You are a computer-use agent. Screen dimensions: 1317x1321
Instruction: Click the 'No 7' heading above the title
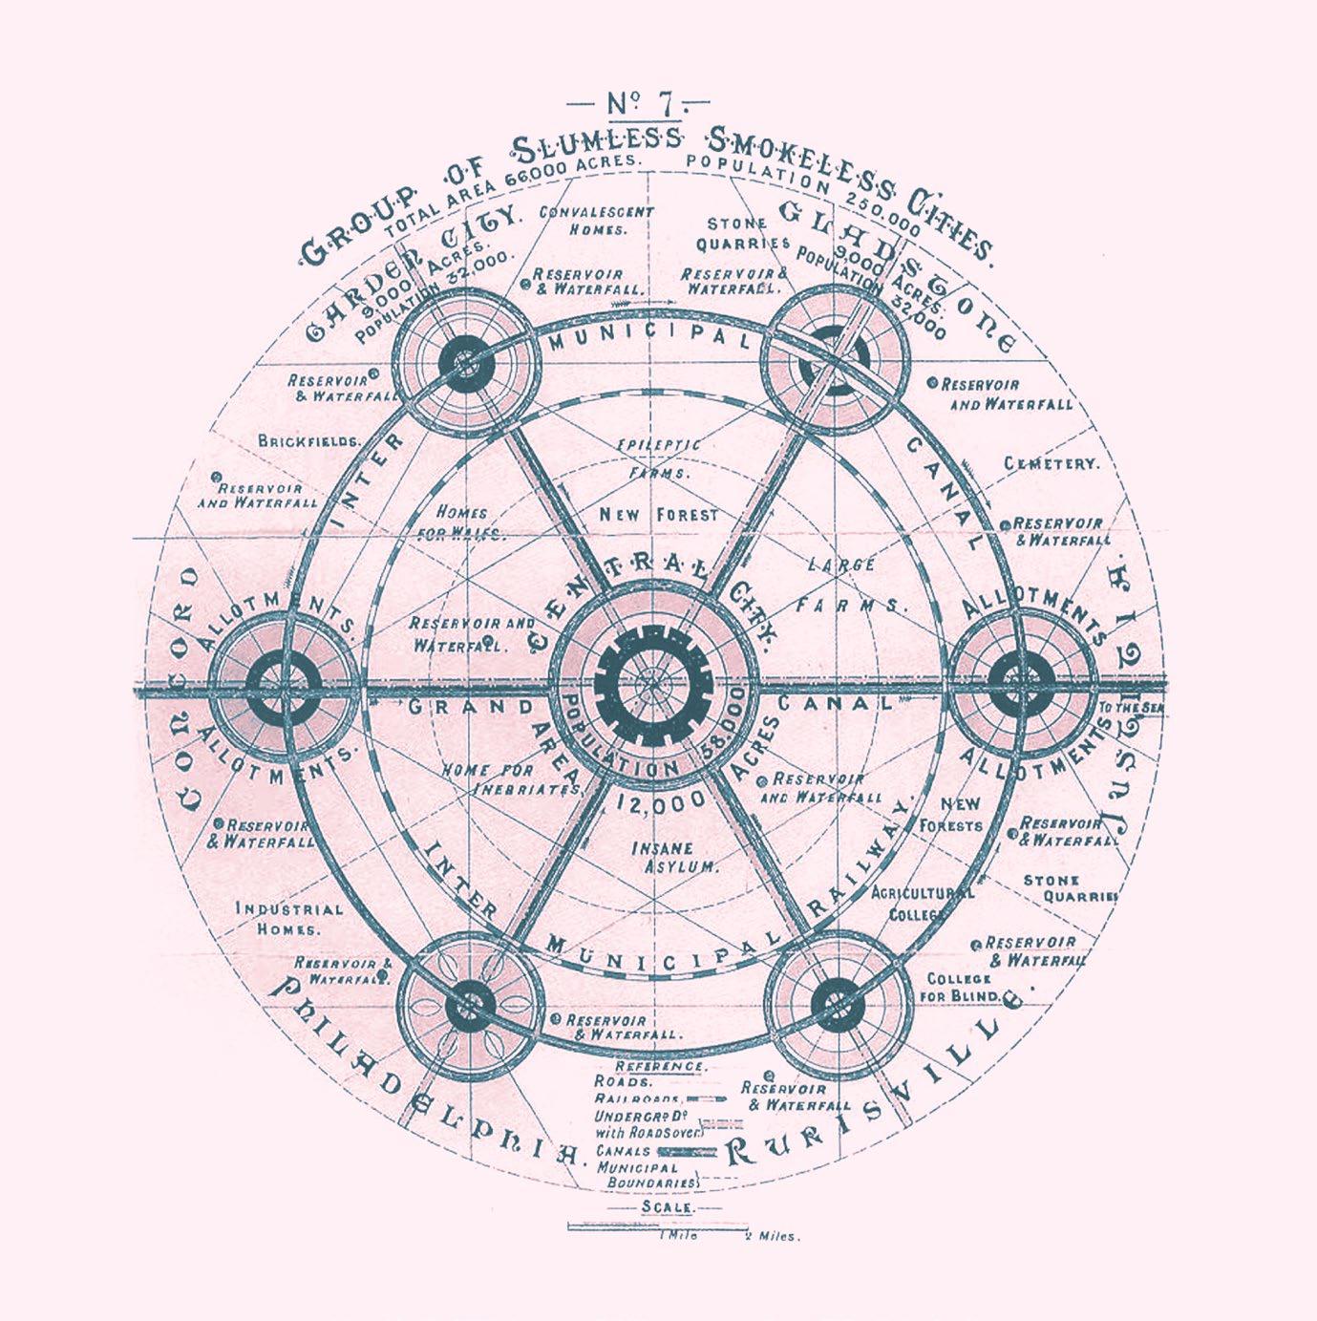click(639, 102)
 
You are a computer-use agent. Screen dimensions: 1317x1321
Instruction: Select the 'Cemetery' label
click(1051, 463)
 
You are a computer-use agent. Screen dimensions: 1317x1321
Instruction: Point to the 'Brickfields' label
click(309, 441)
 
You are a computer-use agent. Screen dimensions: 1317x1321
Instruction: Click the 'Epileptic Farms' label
click(658, 458)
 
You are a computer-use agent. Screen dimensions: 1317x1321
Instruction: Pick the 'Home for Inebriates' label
click(512, 779)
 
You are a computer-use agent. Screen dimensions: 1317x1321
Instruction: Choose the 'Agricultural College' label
click(923, 903)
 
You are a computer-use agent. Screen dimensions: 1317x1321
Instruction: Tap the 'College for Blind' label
click(963, 988)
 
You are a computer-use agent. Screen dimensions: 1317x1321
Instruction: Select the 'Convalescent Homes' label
click(597, 221)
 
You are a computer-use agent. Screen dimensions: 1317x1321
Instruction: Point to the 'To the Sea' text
click(1132, 708)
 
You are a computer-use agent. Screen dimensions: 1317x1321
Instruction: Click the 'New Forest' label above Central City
click(658, 515)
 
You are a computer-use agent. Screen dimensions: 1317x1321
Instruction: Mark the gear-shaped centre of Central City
click(649, 685)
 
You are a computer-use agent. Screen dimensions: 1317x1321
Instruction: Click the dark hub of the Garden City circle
click(466, 364)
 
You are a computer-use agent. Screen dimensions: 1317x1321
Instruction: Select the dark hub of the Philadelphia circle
click(468, 1004)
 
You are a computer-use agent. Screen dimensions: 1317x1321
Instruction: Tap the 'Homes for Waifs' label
click(461, 523)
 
